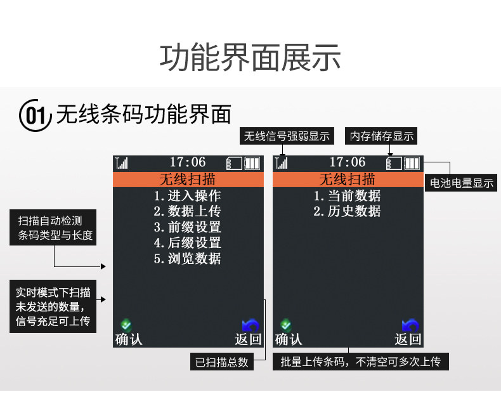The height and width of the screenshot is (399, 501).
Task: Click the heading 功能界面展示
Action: (x=250, y=58)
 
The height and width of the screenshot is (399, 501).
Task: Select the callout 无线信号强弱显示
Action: (x=287, y=136)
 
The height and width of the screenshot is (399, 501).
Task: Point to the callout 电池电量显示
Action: (x=462, y=183)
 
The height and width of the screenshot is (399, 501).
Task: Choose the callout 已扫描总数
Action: (x=221, y=362)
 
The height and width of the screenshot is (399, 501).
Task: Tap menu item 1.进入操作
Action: (x=187, y=196)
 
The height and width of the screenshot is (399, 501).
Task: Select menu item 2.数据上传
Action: (x=187, y=211)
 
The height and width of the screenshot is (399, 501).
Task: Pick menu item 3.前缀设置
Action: (x=187, y=227)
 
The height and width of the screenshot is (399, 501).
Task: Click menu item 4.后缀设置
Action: (x=187, y=243)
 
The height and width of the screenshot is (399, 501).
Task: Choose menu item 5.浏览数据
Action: (x=187, y=259)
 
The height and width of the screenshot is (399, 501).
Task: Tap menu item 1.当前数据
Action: (x=347, y=196)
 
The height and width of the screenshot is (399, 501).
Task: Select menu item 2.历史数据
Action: (x=347, y=211)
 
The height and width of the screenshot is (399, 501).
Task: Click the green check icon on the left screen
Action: (x=126, y=324)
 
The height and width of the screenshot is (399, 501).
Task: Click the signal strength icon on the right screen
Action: (x=281, y=163)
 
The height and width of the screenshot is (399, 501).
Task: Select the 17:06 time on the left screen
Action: (x=188, y=162)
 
